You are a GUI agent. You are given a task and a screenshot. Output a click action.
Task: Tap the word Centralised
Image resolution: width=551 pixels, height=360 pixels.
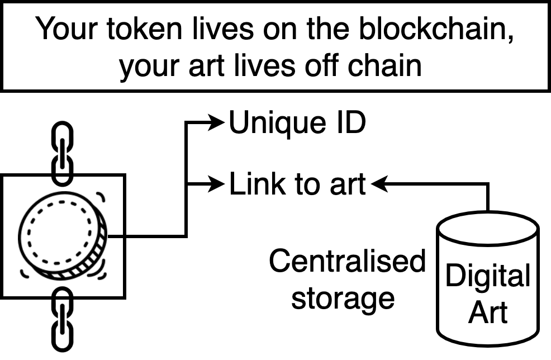tap(347, 262)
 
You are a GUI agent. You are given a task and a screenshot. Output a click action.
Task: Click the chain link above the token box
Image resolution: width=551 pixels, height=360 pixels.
tap(61, 152)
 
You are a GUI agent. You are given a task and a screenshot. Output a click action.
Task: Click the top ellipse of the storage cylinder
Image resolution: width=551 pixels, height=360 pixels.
tap(487, 228)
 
